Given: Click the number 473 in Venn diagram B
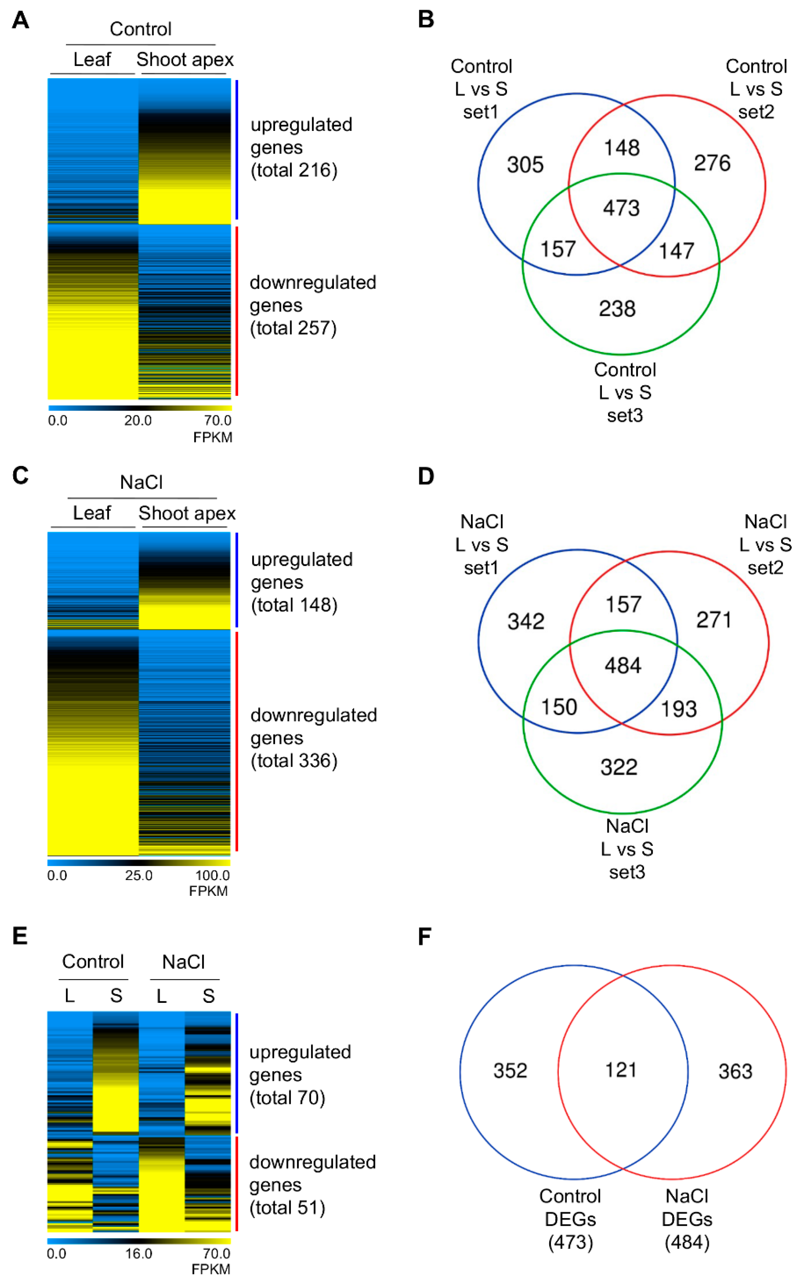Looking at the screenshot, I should pos(621,208).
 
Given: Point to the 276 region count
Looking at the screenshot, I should pos(712,163).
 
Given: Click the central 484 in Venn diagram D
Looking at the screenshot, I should pos(623,666).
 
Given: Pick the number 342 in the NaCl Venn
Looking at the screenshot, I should pos(526,621).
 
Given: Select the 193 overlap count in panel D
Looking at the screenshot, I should pos(679,709).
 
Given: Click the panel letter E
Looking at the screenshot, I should pos(20,936).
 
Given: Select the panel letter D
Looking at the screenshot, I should pos(426,477).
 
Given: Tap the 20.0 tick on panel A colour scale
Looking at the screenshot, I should pos(138,420).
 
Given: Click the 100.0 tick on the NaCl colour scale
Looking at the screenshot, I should pos(213,875).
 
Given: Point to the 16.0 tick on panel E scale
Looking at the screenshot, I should pos(139,1254).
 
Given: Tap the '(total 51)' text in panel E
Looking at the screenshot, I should pos(287,1208).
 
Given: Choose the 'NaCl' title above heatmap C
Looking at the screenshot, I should pos(141,482).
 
